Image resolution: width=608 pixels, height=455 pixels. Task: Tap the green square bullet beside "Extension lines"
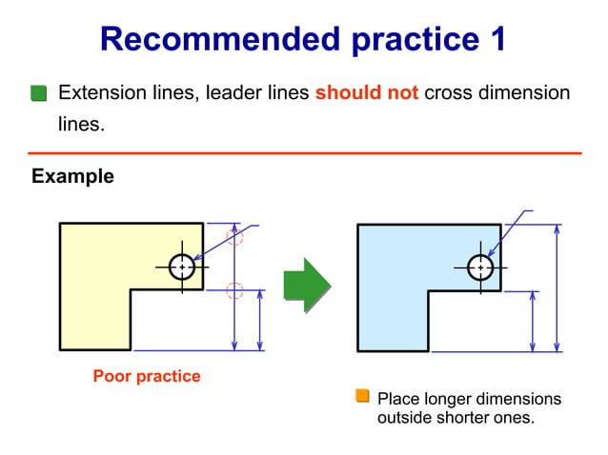[38, 93]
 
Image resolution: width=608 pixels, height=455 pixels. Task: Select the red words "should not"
[367, 93]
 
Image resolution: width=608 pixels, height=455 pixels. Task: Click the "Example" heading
[72, 176]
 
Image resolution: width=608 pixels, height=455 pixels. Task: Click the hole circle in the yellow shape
[182, 267]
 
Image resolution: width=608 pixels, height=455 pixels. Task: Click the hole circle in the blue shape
[480, 267]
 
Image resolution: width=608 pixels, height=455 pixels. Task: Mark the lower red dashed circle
[234, 291]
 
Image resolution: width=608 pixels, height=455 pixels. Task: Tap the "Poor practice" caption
[147, 376]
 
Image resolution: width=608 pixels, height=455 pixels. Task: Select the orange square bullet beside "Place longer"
[362, 396]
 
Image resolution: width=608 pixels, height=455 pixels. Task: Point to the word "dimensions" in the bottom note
[517, 398]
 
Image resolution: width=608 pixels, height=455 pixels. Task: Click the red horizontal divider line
[304, 152]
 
